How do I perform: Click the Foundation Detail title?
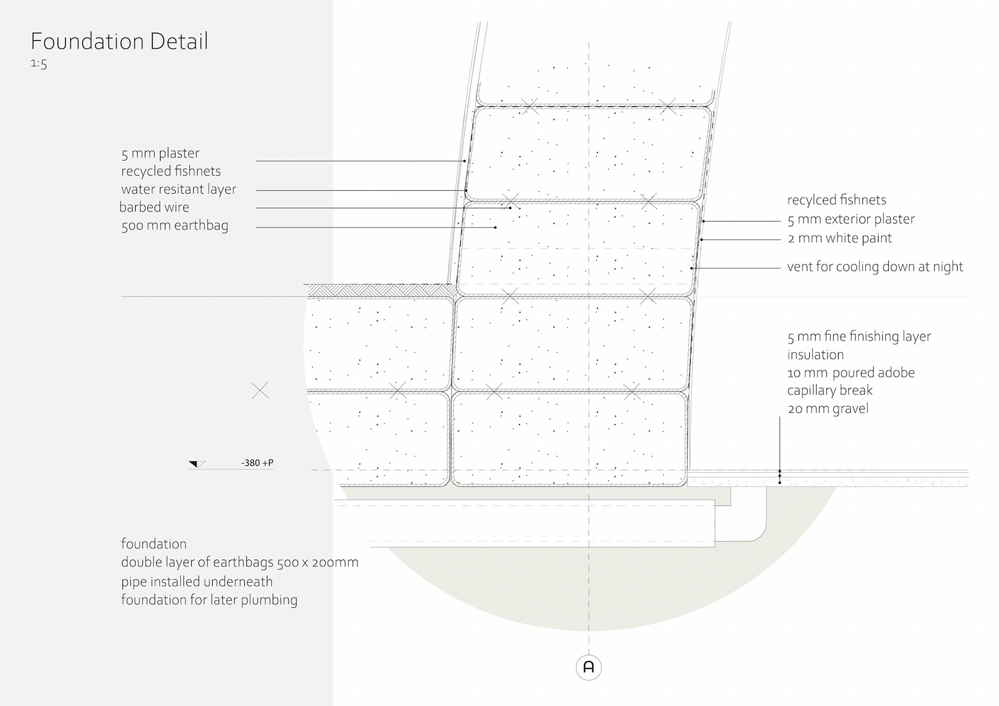coord(119,41)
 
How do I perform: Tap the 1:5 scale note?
coord(39,63)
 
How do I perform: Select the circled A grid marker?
coord(588,667)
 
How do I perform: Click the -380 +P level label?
coord(257,463)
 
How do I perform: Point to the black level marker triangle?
coord(195,464)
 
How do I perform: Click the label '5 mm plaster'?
coord(160,153)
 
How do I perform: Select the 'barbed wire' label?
coord(154,207)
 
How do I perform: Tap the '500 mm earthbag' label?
coord(175,226)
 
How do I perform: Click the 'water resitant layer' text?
coord(178,189)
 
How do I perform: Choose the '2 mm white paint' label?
coord(839,238)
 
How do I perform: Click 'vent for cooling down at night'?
coord(875,267)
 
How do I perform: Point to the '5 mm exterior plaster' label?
coord(851,219)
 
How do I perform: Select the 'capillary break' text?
coord(829,390)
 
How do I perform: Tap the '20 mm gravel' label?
coord(828,408)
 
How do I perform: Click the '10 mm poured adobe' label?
coord(851,373)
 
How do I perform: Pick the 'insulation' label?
coord(815,355)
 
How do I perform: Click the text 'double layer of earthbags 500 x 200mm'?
coord(239,562)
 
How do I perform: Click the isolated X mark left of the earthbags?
coord(260,390)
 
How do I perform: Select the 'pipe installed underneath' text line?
coord(197,582)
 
